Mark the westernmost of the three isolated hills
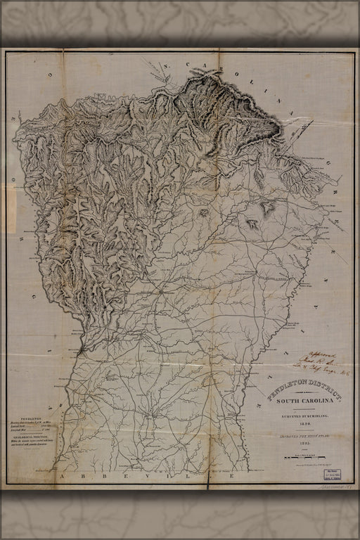[x=205, y=212]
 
